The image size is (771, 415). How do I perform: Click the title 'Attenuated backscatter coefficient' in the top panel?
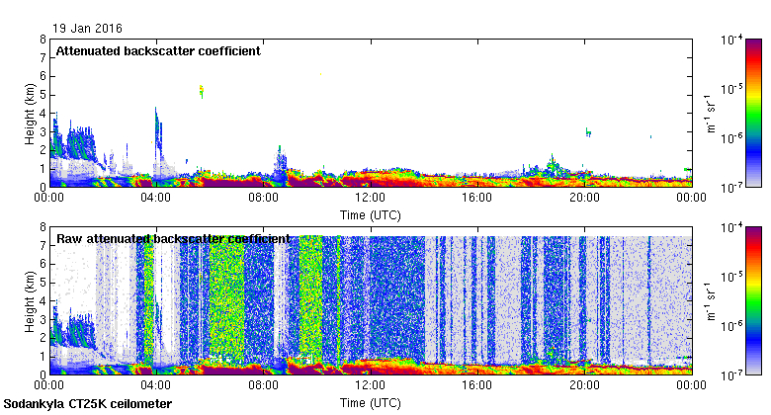click(x=158, y=50)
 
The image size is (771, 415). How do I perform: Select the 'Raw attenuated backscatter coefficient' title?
click(x=173, y=239)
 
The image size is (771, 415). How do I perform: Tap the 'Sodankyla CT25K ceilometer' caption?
click(x=88, y=404)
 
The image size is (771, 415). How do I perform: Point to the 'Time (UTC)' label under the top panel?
click(x=370, y=214)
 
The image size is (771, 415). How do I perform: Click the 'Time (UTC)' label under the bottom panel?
click(x=370, y=403)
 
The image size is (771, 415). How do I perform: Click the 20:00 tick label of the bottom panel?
click(x=584, y=386)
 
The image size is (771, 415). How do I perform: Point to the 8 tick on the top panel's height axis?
click(x=43, y=40)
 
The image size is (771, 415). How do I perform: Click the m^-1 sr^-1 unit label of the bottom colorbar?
click(x=710, y=293)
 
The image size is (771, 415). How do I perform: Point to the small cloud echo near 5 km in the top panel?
click(x=202, y=92)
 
